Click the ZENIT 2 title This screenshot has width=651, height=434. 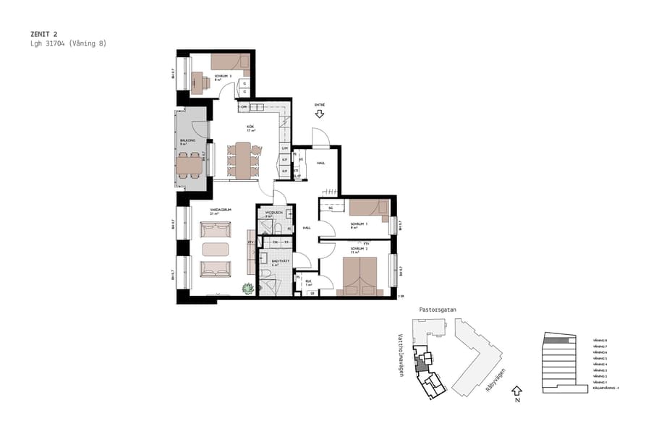click(x=44, y=33)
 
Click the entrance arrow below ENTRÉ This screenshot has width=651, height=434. click(x=319, y=114)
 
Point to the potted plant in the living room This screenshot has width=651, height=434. click(x=248, y=289)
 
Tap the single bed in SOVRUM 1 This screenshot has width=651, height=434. click(x=368, y=208)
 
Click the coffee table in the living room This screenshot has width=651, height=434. click(x=215, y=250)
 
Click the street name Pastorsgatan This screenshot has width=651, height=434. click(x=438, y=309)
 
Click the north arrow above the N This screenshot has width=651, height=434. click(x=516, y=391)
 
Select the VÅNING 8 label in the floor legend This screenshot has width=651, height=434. click(x=600, y=340)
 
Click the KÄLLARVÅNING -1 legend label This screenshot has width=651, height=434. click(x=606, y=388)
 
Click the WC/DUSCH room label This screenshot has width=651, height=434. click(x=273, y=213)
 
